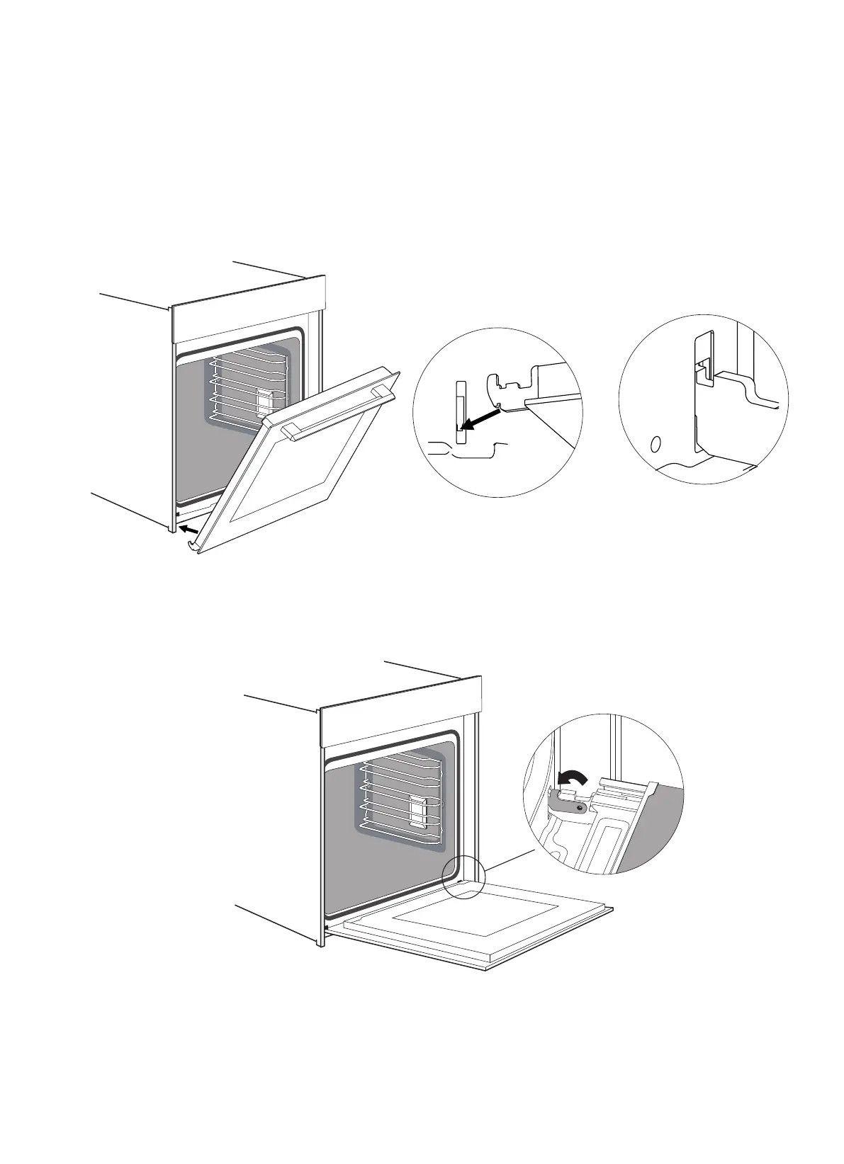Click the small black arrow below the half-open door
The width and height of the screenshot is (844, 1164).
189,529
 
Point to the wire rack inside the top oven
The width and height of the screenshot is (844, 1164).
248,393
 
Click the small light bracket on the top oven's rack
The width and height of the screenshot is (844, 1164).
264,400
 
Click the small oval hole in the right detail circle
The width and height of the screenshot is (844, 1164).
655,445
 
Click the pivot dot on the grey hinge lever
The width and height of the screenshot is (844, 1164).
580,806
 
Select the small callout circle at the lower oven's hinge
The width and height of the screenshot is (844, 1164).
462,879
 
